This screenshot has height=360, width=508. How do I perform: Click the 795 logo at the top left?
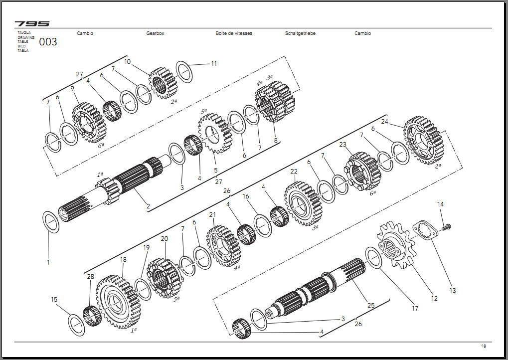(x=32, y=23)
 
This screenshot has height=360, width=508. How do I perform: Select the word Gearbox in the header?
(x=155, y=33)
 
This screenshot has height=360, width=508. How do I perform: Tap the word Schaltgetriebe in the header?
(x=300, y=33)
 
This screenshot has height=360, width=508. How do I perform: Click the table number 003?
(x=48, y=42)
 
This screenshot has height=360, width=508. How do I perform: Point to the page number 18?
(x=483, y=346)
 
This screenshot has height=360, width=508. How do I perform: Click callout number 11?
(x=214, y=64)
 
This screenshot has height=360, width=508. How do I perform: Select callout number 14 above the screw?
(x=440, y=204)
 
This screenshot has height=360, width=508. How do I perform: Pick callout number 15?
(x=54, y=300)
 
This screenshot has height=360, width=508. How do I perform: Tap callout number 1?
(x=48, y=262)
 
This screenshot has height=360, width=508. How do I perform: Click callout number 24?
(x=384, y=121)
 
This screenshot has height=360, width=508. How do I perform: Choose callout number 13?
(x=452, y=290)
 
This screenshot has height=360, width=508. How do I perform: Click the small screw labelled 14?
(x=447, y=228)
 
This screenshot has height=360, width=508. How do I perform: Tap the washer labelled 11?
(x=184, y=72)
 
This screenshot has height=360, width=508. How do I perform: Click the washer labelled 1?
(x=51, y=222)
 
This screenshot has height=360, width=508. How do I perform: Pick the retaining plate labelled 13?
(x=424, y=231)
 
